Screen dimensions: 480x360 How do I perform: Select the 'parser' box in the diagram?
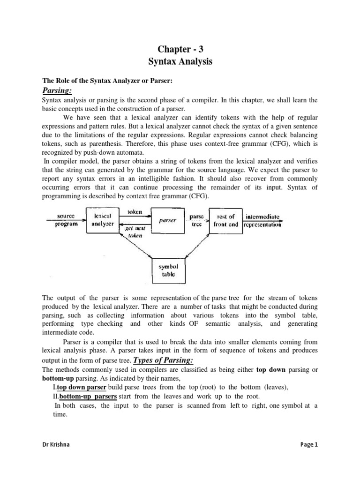[x=167, y=220]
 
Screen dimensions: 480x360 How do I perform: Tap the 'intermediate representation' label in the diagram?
[x=263, y=220]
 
